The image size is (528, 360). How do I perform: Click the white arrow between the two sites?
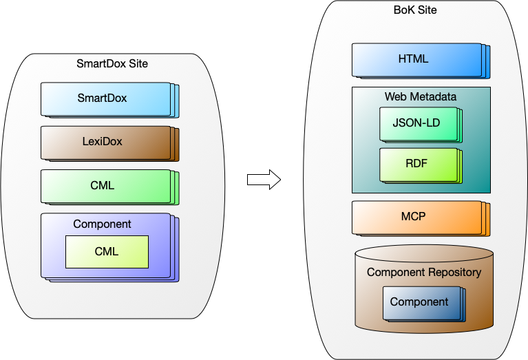[263, 180]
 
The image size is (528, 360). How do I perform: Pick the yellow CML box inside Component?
[107, 252]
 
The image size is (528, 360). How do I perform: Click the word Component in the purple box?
[102, 224]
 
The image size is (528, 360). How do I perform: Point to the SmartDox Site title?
[112, 64]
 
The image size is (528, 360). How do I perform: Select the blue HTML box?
[416, 60]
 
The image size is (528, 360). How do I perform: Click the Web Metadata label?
[421, 96]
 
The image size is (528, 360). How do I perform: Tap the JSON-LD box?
[416, 124]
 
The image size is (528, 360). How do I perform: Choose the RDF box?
[417, 165]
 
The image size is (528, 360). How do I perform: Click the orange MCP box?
[416, 217]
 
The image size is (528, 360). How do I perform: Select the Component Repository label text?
[424, 272]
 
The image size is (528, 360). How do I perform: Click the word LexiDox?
[102, 142]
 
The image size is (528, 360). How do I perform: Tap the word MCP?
[414, 217]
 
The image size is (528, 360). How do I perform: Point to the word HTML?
[414, 59]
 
